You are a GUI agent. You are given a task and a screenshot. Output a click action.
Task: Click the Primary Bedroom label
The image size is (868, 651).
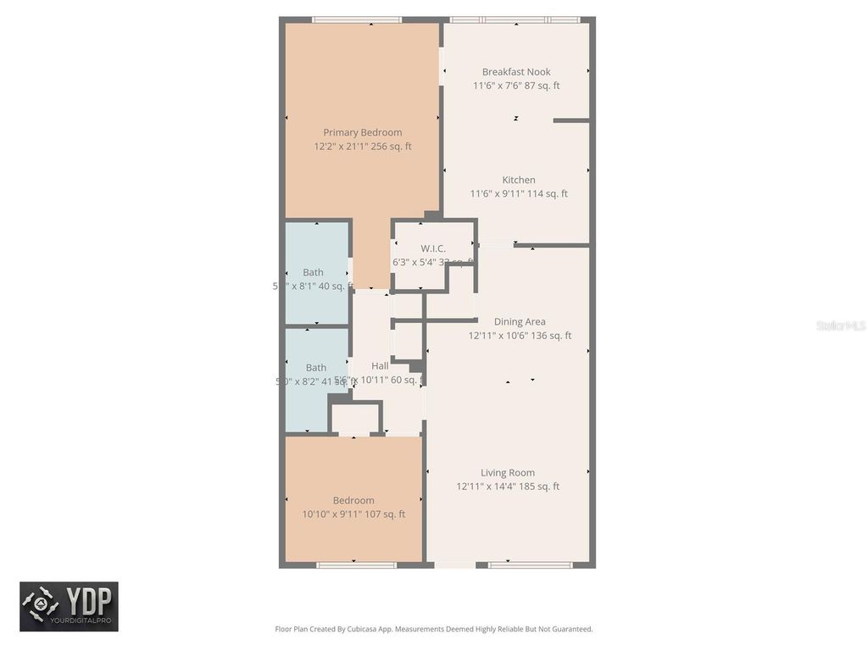[362, 132]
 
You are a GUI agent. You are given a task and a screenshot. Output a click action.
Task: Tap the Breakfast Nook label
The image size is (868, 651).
[516, 72]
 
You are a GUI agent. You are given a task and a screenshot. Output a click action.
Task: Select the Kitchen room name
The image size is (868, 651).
[519, 180]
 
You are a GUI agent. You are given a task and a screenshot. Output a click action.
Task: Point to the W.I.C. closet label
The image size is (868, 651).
[432, 248]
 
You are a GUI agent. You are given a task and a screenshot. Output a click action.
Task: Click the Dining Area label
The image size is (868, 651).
[520, 321]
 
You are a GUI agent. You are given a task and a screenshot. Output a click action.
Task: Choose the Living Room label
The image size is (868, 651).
[508, 473]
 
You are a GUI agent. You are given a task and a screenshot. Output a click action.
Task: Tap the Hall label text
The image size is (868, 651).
[380, 366]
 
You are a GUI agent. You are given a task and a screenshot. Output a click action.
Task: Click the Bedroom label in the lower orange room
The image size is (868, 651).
[353, 500]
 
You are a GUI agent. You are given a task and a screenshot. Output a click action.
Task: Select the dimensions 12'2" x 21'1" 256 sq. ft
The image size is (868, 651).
[362, 147]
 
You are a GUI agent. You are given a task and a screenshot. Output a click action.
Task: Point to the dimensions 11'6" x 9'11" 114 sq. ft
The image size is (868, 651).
[519, 194]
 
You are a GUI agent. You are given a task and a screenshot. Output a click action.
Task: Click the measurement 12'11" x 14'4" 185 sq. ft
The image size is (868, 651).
[508, 487]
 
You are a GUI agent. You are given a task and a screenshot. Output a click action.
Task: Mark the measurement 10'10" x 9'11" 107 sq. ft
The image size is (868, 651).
[353, 514]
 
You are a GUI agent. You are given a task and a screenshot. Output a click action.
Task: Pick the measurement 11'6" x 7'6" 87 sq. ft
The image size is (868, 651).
[516, 86]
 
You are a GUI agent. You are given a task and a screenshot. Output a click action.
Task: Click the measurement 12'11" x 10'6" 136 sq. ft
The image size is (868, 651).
[520, 336]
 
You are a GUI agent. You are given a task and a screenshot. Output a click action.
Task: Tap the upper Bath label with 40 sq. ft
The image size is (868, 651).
[313, 272]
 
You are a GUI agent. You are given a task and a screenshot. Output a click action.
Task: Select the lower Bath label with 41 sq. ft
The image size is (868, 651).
[315, 368]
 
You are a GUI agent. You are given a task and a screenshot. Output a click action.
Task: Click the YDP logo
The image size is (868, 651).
[69, 606]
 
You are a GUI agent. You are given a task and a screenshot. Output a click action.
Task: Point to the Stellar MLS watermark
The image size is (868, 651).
[840, 325]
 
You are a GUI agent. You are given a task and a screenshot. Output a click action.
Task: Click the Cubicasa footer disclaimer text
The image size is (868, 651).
[433, 629]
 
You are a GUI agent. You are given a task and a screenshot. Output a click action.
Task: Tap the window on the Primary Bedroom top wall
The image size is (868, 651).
[356, 19]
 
